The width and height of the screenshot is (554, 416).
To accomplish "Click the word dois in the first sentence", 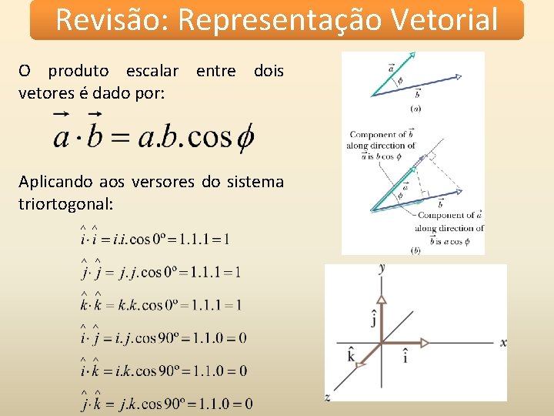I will pyautogui.click(x=269, y=71).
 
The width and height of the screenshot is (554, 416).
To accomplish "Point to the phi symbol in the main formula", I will pyautogui.click(x=245, y=137).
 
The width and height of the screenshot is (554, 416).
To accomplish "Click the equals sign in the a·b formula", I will pyautogui.click(x=120, y=138).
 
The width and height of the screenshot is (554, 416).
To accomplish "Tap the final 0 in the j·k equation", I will pyautogui.click(x=248, y=403).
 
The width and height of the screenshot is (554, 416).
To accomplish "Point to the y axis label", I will pyautogui.click(x=382, y=268).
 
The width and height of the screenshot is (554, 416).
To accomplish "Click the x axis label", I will pyautogui.click(x=503, y=342).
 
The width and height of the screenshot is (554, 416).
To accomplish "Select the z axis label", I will pyautogui.click(x=328, y=397).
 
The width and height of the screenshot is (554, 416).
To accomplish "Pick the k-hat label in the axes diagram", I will pyautogui.click(x=351, y=356).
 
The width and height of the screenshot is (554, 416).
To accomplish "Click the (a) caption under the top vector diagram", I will pyautogui.click(x=415, y=109).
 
